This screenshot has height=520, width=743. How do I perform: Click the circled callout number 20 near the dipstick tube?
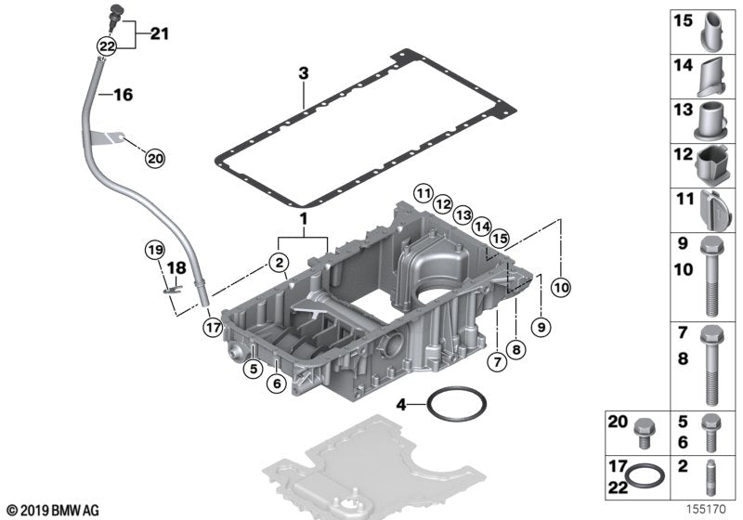pos(154,159)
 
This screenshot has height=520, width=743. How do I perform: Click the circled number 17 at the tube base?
pos(214,326)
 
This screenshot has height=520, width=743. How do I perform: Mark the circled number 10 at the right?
pos(559,288)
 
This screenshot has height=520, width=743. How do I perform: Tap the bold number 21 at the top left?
pos(159,35)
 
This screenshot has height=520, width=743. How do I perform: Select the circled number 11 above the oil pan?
pos(424,193)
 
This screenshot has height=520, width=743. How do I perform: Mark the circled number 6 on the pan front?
pos(275,383)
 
